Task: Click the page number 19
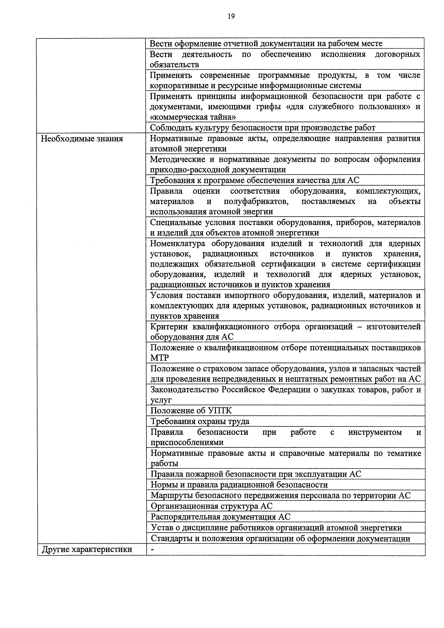(231, 16)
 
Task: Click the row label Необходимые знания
(82, 139)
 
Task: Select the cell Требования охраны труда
(200, 421)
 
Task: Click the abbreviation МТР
(160, 358)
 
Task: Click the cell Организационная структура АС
(212, 506)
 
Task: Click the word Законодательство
(185, 390)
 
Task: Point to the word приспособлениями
(187, 442)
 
